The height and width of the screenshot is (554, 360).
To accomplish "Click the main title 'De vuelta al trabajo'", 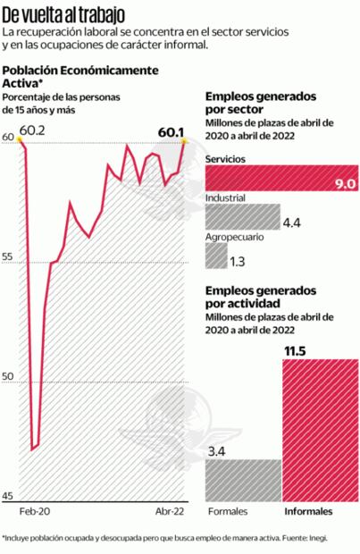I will (63, 13).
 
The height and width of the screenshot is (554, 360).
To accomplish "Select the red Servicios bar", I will (281, 178).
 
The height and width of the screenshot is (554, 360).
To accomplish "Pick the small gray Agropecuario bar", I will (215, 256).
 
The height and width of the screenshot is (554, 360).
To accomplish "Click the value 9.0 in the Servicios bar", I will (345, 183).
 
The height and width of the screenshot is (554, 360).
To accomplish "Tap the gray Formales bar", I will (243, 480).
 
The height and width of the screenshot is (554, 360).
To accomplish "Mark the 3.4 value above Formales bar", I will (217, 451).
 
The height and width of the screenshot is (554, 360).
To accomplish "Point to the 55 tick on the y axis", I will (8, 257).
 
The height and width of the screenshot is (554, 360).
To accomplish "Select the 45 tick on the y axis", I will (8, 496).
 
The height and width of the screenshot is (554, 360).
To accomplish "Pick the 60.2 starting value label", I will (33, 131).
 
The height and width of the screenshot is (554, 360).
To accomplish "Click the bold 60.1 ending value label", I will (171, 131).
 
